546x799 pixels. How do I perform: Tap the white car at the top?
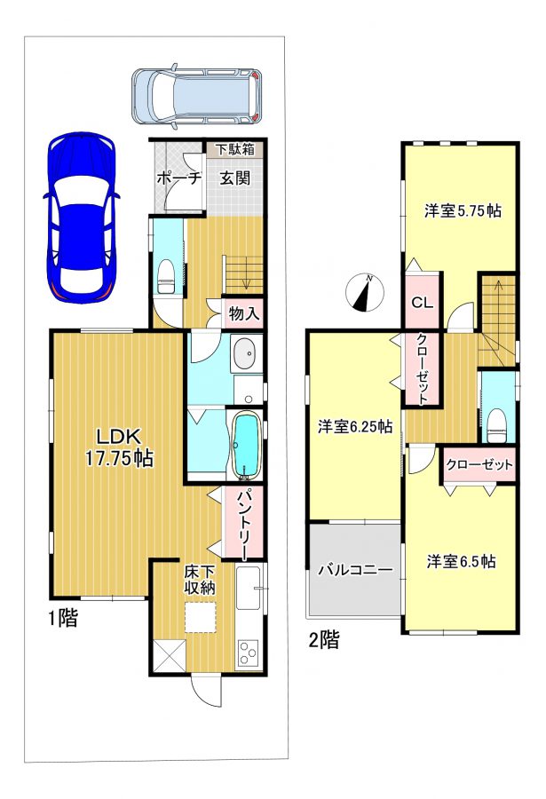point(196,95)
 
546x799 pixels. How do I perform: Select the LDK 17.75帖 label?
point(119,447)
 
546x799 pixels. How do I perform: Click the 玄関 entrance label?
point(235,178)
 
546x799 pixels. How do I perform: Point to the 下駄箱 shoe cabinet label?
point(235,149)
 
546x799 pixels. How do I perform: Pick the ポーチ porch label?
point(179,178)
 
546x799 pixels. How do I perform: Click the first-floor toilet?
point(166,277)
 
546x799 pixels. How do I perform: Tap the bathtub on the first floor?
point(247,446)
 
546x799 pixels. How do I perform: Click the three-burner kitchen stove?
point(248,653)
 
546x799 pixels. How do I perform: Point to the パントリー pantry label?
point(243,523)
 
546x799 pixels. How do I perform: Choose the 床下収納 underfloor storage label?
point(200,580)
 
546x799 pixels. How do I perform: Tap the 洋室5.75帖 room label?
point(463,210)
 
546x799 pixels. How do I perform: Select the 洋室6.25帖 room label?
point(355,426)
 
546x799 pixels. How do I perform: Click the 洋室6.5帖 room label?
point(462,561)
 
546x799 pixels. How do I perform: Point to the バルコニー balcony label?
point(355,570)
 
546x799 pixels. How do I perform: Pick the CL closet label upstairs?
point(422,303)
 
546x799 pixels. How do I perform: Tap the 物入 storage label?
point(244,314)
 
